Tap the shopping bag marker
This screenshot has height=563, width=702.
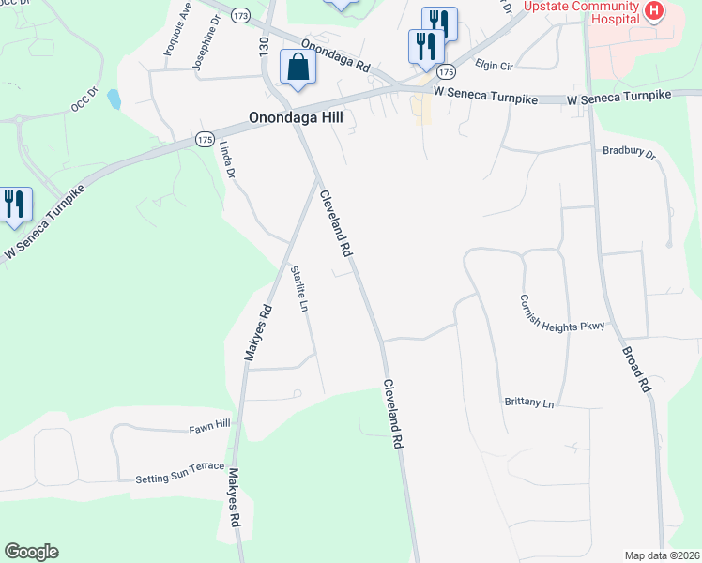pyautogui.click(x=298, y=68)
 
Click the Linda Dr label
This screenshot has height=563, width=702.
pyautogui.click(x=226, y=160)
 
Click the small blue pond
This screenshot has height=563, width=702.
pyautogui.click(x=114, y=98)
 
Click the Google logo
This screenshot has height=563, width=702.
pyautogui.click(x=31, y=552)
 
